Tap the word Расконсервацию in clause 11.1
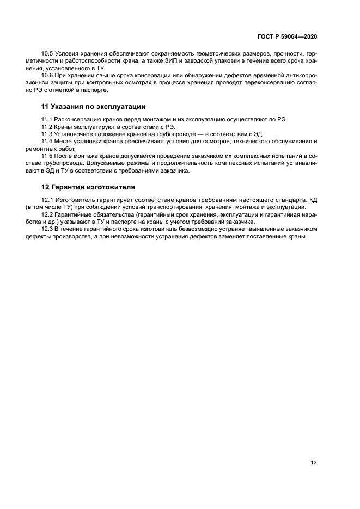coord(80,119)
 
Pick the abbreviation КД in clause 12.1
coord(312,200)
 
